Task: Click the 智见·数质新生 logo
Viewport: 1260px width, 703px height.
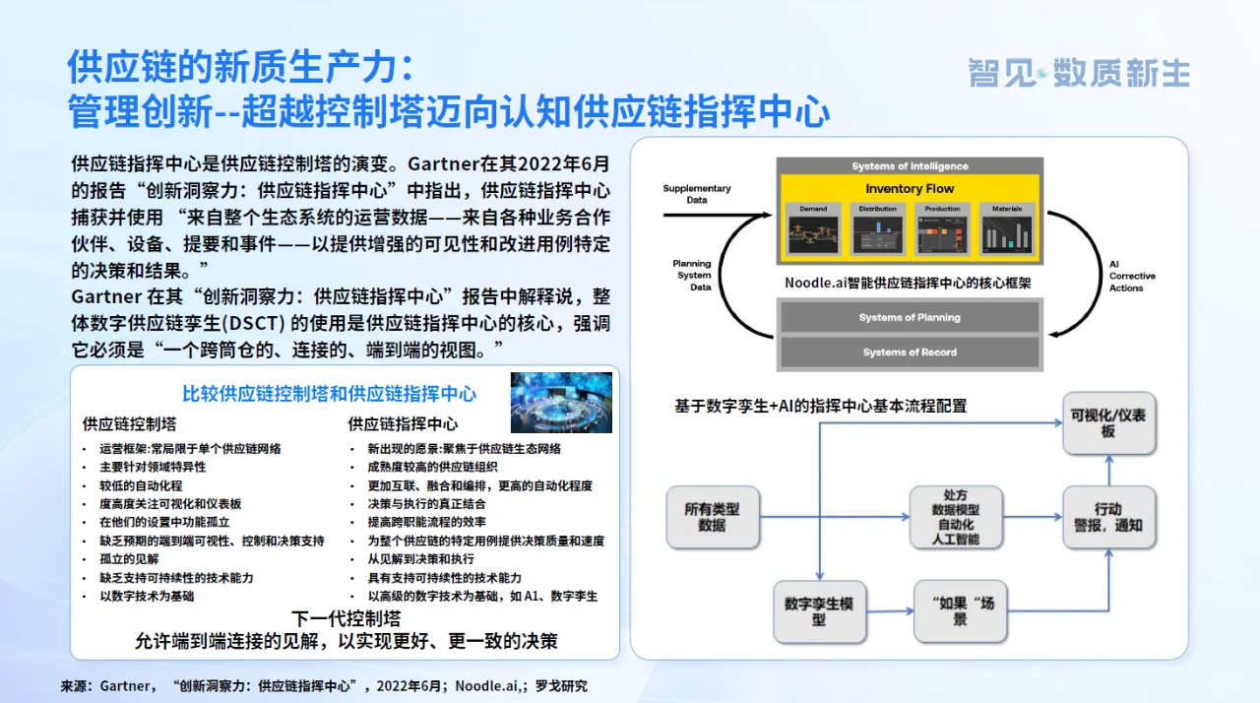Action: coord(1079,73)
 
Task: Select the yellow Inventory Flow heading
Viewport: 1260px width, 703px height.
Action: coord(910,188)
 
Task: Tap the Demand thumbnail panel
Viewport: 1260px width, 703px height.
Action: coord(812,229)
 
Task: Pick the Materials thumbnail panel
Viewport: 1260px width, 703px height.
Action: coord(1006,229)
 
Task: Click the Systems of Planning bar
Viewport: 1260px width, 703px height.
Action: coord(910,317)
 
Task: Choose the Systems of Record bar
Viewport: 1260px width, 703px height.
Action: coord(910,352)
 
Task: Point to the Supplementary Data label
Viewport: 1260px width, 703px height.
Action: coord(697,194)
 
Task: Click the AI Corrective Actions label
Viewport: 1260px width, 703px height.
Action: coord(1132,277)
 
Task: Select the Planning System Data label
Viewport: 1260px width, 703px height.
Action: coord(692,276)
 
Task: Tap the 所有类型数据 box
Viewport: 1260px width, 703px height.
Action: coord(712,517)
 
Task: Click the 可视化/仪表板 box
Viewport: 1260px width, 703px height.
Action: coord(1108,423)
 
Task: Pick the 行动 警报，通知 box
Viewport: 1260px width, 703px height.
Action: coord(1108,517)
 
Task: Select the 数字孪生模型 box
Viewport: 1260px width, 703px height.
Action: coord(819,611)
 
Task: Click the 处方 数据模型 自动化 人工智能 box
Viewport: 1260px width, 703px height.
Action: coord(955,518)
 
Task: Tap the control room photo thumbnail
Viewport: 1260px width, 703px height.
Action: coord(561,403)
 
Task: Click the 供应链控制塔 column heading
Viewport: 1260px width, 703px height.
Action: coord(130,424)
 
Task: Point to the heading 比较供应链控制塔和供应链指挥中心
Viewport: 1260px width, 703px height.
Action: coord(329,394)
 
